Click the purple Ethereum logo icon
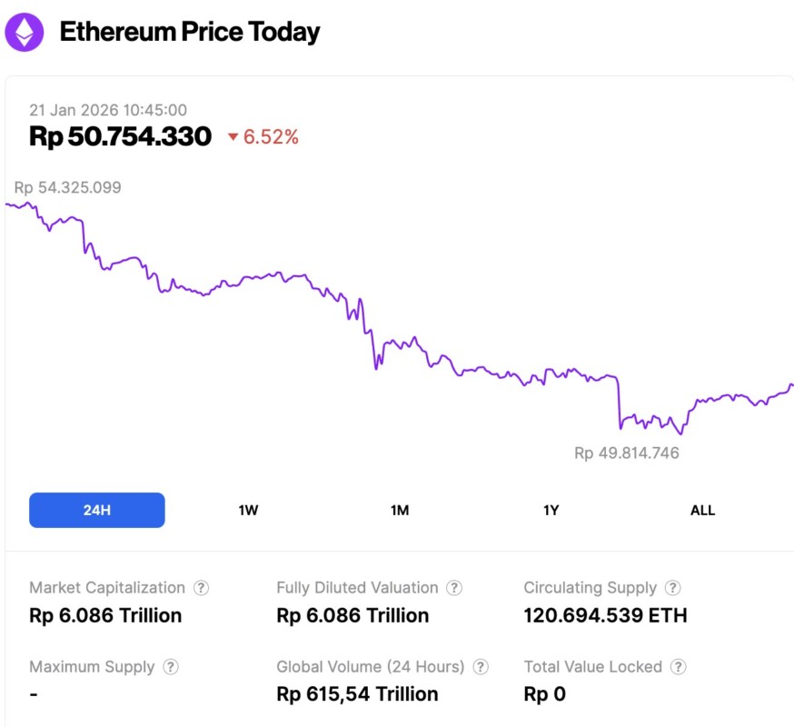coord(24,32)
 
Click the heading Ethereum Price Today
coord(190,33)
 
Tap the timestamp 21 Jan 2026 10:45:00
coord(108,110)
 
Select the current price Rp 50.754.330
coord(120,137)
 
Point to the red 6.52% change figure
coord(271,137)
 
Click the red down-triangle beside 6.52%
coord(233,137)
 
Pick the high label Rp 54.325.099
coord(67,188)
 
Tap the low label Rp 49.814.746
coord(626,453)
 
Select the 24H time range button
coord(97,510)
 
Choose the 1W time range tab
coord(248,510)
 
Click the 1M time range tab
coord(400,510)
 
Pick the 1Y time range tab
coord(551,510)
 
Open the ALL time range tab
coord(702,510)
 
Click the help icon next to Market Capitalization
coord(202,588)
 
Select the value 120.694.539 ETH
coord(605,615)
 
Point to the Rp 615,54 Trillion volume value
coord(357,694)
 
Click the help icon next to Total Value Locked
coord(678,667)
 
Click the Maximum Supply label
coord(92,667)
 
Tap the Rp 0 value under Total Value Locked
coord(544,694)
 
